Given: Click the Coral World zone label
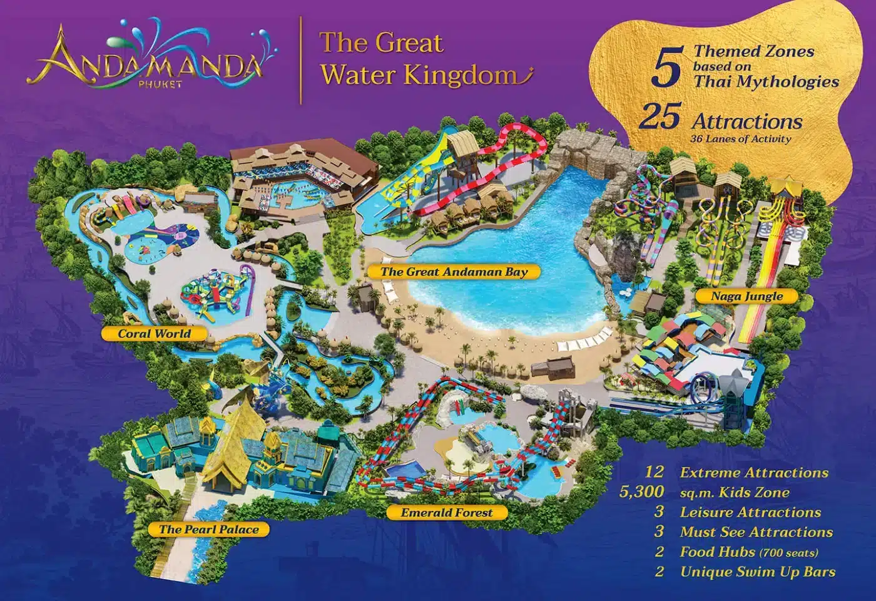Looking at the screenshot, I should click(155, 333).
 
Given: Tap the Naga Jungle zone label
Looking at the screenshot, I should click(746, 295).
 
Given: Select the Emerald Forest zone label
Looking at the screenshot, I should click(447, 513).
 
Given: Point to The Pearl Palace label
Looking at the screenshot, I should click(208, 530).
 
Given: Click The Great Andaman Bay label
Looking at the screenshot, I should click(454, 272).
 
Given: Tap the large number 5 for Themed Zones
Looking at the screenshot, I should click(666, 68).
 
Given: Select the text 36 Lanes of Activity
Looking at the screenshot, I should click(740, 139).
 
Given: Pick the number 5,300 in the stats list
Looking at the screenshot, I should click(643, 493).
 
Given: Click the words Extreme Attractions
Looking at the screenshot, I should click(754, 473).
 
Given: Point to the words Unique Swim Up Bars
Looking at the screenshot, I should click(758, 572).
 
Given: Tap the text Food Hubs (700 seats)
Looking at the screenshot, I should click(749, 552).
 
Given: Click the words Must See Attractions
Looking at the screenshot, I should click(756, 532).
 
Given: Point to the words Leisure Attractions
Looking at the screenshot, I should click(750, 512).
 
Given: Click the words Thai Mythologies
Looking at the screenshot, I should click(766, 81).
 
